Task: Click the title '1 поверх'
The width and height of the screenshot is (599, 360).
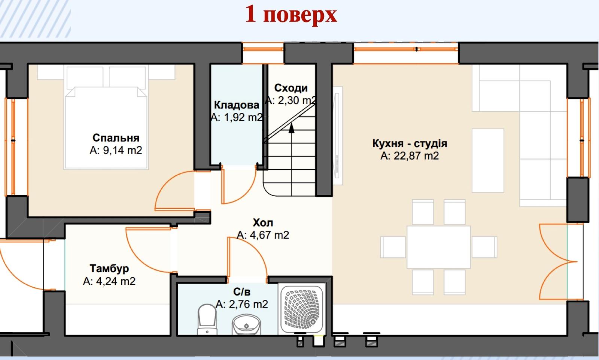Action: (291, 15)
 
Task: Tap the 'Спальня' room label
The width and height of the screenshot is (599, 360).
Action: (116, 138)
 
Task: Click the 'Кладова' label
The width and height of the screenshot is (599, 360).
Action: (236, 105)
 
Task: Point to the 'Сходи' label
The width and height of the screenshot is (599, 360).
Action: (291, 88)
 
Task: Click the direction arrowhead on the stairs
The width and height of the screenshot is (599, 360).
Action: (292, 128)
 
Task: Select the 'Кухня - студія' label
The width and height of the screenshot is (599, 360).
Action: (410, 143)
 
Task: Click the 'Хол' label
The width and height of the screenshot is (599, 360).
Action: (263, 223)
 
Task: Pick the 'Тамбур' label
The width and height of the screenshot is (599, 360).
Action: (109, 268)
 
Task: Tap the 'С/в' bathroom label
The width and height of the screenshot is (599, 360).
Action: (242, 292)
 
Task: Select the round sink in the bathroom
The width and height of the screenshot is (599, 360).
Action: (246, 325)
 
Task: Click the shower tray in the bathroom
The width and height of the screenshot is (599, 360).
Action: (302, 308)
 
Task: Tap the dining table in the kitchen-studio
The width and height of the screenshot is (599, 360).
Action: (438, 247)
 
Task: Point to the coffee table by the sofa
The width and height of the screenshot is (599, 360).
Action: (488, 161)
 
